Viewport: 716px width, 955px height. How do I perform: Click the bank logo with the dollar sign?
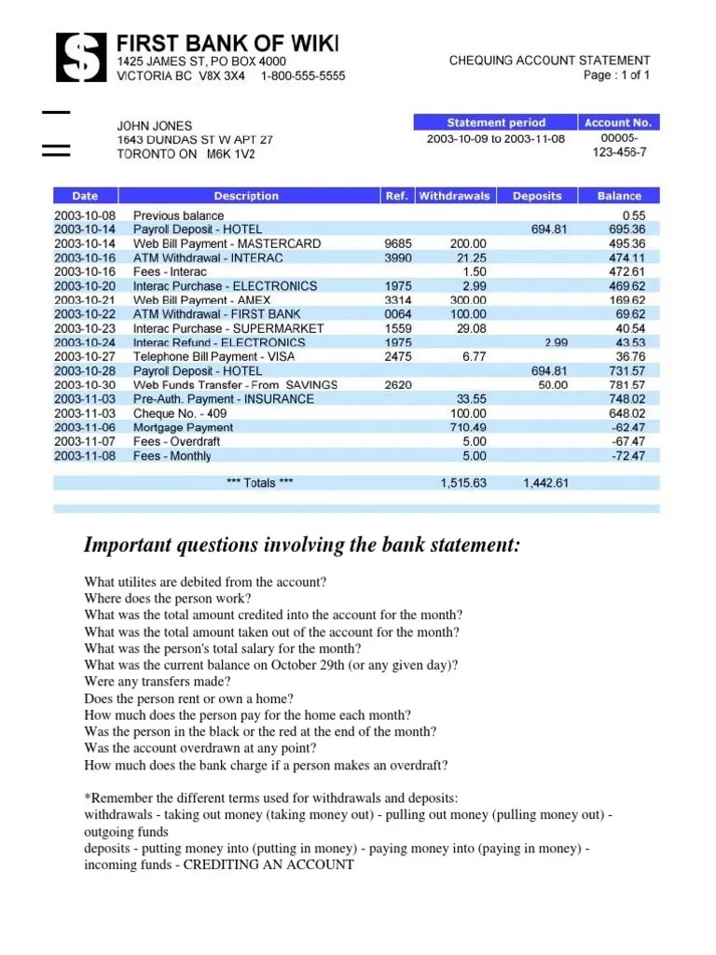(x=81, y=57)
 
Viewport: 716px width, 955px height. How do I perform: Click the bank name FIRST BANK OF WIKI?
(x=227, y=43)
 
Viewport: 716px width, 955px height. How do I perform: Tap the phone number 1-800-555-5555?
(x=302, y=76)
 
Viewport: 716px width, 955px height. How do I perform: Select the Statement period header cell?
(x=495, y=122)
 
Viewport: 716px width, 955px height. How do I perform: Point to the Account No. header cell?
(x=619, y=122)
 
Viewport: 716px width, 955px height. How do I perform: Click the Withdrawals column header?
(x=454, y=196)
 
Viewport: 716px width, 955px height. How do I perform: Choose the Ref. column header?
(x=396, y=196)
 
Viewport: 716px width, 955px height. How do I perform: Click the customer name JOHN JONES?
(x=154, y=125)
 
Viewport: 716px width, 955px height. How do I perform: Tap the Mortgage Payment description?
(x=184, y=427)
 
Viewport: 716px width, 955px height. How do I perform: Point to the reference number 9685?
(x=397, y=243)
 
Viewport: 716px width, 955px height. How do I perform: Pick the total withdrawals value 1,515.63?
(x=463, y=483)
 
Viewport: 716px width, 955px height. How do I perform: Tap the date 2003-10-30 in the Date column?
(x=85, y=385)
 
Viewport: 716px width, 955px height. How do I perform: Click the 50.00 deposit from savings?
(x=553, y=385)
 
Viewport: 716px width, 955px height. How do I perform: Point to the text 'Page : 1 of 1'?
(x=617, y=76)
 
